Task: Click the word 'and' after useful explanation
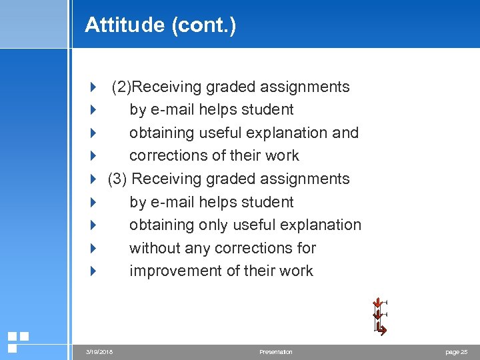pyautogui.click(x=345, y=133)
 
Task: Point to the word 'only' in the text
pyautogui.click(x=213, y=225)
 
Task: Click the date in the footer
pyautogui.click(x=99, y=351)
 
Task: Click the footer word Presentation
pyautogui.click(x=276, y=351)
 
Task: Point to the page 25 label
pyautogui.click(x=456, y=351)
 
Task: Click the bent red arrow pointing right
pyautogui.click(x=381, y=329)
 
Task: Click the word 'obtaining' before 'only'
pyautogui.click(x=161, y=225)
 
